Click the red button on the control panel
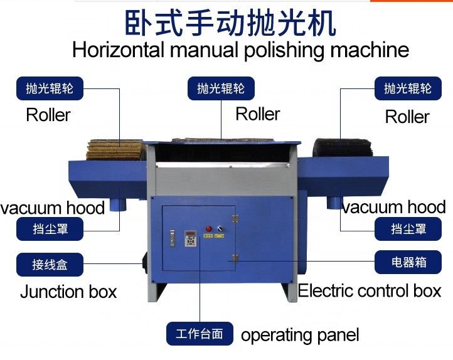(x=208, y=229)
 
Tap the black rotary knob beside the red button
(x=220, y=229)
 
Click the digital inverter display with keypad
(x=190, y=238)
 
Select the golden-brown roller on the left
(x=115, y=149)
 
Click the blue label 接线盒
(x=50, y=265)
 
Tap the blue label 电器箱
(x=408, y=262)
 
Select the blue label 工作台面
(x=200, y=334)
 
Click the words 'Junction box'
(x=68, y=292)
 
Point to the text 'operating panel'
(x=300, y=335)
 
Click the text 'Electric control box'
(x=370, y=290)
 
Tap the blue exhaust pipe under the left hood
(x=118, y=204)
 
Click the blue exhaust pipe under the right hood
(x=334, y=203)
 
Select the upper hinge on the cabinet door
(x=235, y=218)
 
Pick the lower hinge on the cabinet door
(x=235, y=258)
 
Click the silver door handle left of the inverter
(x=173, y=238)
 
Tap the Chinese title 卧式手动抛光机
(x=230, y=23)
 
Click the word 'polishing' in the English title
(x=285, y=50)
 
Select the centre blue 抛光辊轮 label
(x=221, y=88)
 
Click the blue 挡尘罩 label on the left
(x=50, y=229)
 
